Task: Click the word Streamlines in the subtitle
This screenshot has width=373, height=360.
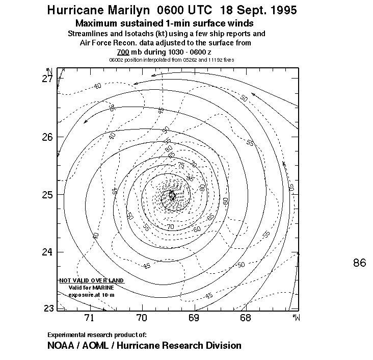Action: tap(88, 33)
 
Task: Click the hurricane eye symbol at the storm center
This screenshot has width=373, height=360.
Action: tap(172, 195)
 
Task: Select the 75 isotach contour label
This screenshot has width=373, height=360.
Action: tap(181, 165)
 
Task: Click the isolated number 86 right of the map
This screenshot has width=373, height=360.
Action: tap(359, 263)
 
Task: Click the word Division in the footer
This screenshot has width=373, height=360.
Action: tap(223, 345)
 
